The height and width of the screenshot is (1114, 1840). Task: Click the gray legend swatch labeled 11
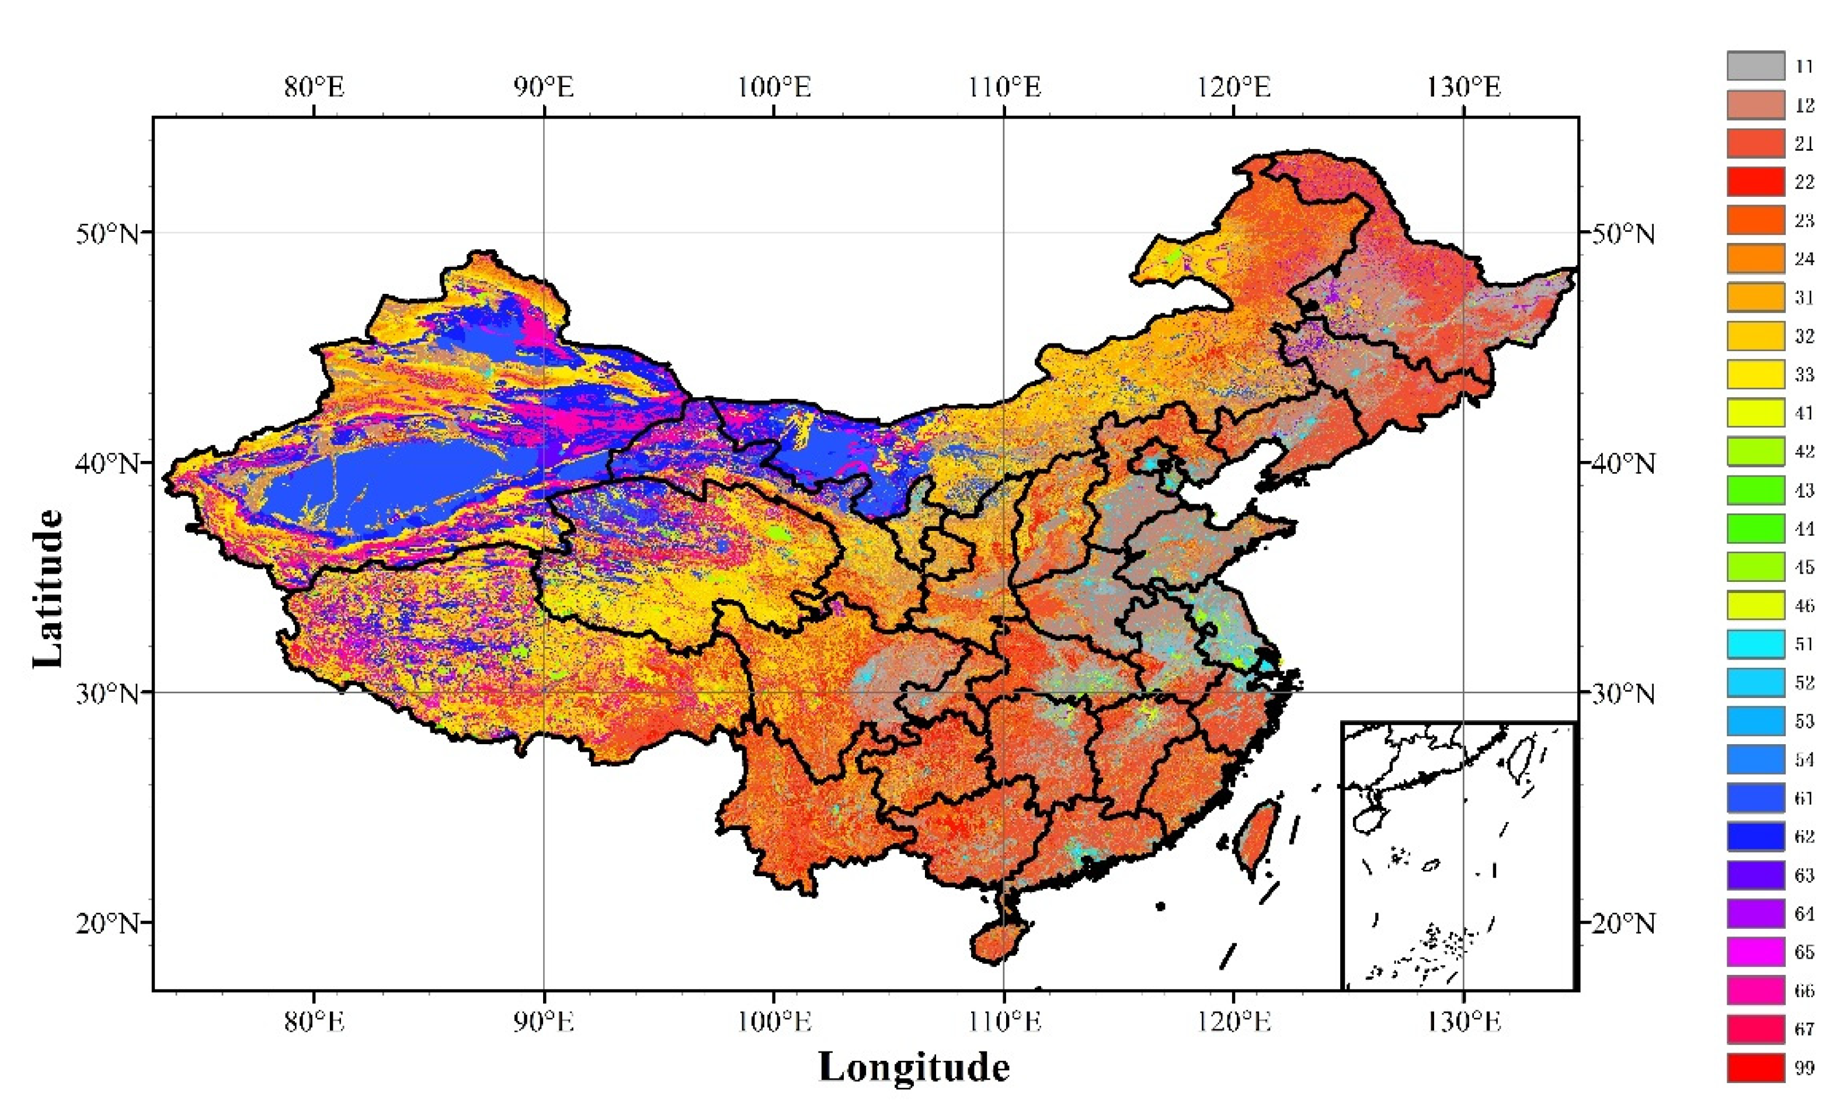1755,66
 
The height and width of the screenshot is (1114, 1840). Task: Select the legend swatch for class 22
1755,182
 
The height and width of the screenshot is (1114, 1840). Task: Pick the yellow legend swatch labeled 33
1755,374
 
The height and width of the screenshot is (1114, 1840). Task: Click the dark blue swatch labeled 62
1755,836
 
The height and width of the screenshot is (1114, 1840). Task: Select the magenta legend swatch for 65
1755,952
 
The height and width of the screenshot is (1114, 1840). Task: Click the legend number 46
1804,605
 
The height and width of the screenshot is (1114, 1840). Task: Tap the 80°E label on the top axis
314,88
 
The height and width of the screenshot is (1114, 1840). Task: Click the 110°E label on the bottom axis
1004,1021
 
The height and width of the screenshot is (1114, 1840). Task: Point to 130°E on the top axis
1463,88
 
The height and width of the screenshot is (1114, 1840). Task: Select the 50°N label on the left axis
107,233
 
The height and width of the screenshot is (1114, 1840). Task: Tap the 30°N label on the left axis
107,693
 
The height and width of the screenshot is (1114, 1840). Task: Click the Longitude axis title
914,1067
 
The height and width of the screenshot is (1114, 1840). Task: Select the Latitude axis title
48,588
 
